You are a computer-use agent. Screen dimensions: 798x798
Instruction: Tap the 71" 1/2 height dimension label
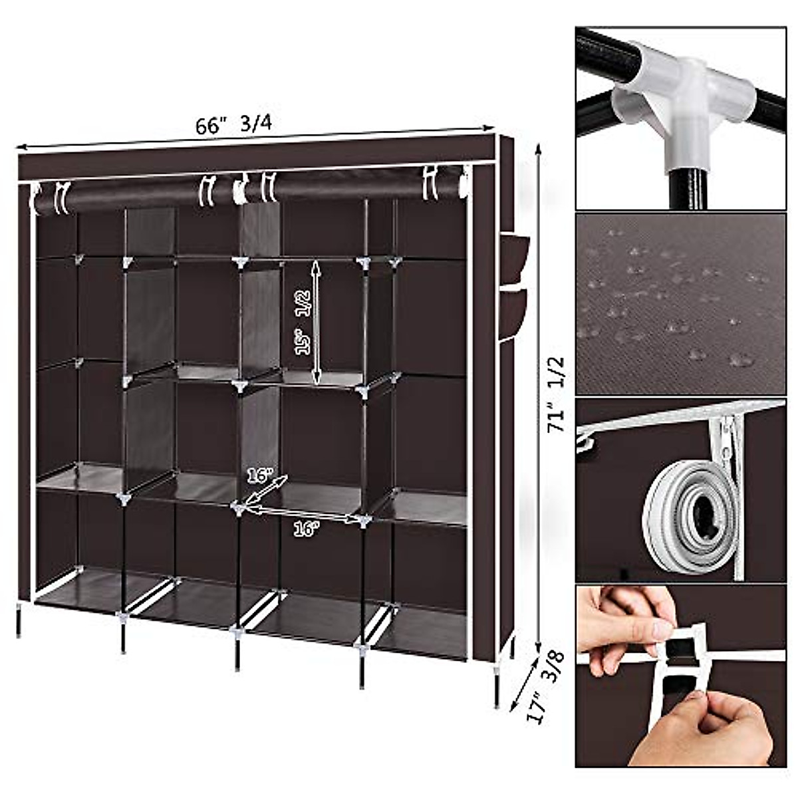pyautogui.click(x=556, y=394)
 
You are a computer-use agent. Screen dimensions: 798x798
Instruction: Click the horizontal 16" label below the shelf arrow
pyautogui.click(x=306, y=528)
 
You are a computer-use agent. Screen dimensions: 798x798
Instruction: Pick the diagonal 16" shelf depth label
pyautogui.click(x=260, y=476)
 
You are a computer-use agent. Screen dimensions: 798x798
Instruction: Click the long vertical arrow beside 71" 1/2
pyautogui.click(x=537, y=399)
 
